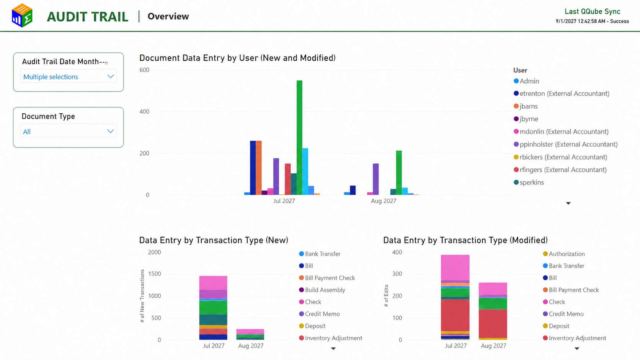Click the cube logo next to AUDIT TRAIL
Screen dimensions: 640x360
(x=22, y=15)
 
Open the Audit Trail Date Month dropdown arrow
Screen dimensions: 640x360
(x=111, y=76)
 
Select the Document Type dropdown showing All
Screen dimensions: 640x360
(x=68, y=132)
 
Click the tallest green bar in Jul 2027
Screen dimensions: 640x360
(x=299, y=138)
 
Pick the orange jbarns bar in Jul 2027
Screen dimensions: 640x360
(x=259, y=168)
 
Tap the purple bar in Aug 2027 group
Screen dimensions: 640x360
(x=376, y=179)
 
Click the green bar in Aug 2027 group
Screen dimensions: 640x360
(x=399, y=173)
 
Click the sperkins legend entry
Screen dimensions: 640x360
(x=529, y=182)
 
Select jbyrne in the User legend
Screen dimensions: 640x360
(x=526, y=119)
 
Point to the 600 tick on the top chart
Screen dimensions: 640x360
(x=144, y=70)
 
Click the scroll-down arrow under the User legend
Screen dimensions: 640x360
(x=568, y=203)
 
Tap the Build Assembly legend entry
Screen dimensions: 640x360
(x=322, y=290)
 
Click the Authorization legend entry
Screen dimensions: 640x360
(x=564, y=254)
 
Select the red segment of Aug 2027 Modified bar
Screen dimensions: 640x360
(x=493, y=324)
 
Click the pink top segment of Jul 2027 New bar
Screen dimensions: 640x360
(x=213, y=283)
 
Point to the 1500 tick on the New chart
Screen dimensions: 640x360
(x=155, y=274)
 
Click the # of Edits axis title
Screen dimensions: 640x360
(x=386, y=296)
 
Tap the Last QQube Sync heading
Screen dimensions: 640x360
(x=592, y=11)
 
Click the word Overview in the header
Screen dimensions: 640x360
(x=168, y=16)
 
